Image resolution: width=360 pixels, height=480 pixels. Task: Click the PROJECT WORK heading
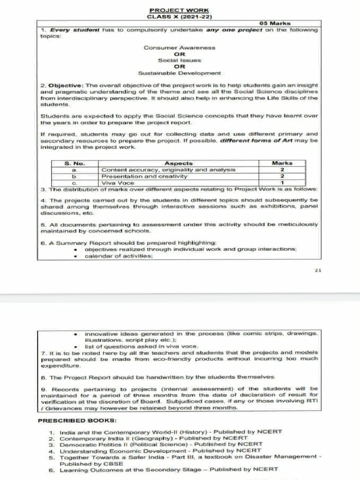point(180,10)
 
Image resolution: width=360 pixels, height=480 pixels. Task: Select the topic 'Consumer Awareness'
point(180,48)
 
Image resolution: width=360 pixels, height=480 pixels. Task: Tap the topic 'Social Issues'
point(180,60)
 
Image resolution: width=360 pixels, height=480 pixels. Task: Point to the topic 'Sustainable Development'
point(180,73)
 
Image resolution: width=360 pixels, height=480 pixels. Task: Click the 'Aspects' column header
point(179,163)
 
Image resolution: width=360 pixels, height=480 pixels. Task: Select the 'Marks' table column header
point(282,163)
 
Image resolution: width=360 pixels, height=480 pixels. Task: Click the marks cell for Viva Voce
point(282,183)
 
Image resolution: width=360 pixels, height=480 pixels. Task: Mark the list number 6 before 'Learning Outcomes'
point(52,469)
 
